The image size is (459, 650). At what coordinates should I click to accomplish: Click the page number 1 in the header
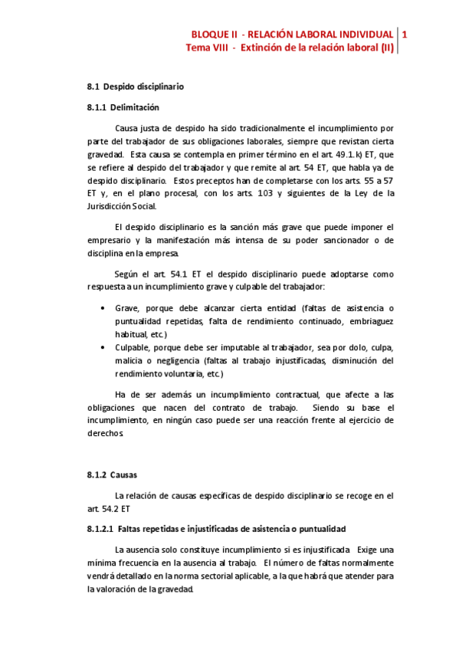(405, 34)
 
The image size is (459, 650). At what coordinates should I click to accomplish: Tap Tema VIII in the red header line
(207, 48)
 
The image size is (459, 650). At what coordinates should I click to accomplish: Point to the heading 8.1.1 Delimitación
(123, 107)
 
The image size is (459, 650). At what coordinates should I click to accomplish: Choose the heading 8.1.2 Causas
(112, 475)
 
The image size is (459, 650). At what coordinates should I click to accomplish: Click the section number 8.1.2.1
(100, 529)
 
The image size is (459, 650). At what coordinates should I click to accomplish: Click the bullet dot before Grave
(103, 307)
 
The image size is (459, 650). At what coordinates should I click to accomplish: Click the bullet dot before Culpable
(103, 347)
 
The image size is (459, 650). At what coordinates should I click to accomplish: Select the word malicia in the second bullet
(129, 360)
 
